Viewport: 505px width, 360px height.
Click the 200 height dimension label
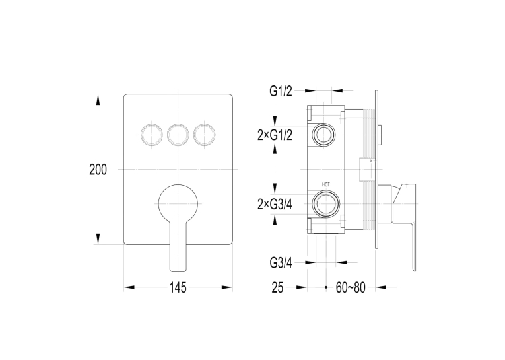(98, 170)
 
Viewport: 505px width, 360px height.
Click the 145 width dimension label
(178, 287)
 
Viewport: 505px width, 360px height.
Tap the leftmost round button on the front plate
(151, 134)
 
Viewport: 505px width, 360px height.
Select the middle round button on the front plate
(178, 134)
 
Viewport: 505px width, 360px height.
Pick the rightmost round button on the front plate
(204, 134)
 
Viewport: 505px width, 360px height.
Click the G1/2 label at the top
(281, 92)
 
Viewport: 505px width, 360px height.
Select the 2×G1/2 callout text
(275, 135)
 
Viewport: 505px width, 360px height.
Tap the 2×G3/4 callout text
(275, 204)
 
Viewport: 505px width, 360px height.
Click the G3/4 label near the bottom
(281, 264)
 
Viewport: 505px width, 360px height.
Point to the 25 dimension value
(278, 287)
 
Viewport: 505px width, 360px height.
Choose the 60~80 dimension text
(351, 287)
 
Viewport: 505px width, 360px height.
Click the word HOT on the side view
(326, 185)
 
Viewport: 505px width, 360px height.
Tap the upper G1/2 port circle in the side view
(323, 134)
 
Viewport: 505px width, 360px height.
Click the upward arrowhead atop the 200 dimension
(98, 99)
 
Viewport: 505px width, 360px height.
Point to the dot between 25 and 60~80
(326, 287)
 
